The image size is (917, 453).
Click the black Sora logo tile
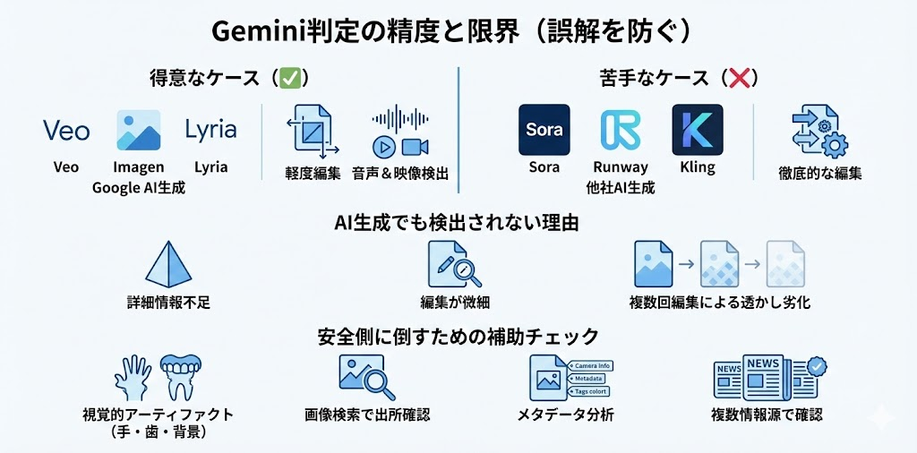pyautogui.click(x=544, y=130)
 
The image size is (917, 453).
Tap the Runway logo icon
pyautogui.click(x=620, y=130)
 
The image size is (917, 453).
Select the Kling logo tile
pyautogui.click(x=697, y=130)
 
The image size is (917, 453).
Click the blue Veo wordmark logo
pyautogui.click(x=66, y=131)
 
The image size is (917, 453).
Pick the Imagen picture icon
pyautogui.click(x=139, y=131)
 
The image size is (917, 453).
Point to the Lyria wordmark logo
pyautogui.click(x=210, y=131)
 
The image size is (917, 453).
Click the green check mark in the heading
pyautogui.click(x=289, y=78)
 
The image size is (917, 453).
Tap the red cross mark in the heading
pyautogui.click(x=740, y=78)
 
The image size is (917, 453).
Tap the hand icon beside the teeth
pyautogui.click(x=134, y=376)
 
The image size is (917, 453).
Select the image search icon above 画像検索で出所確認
pyautogui.click(x=367, y=377)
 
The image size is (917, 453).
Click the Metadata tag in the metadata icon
pyautogui.click(x=589, y=379)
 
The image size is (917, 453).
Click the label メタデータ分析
pyautogui.click(x=565, y=415)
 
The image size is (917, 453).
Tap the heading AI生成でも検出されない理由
pyautogui.click(x=457, y=224)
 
